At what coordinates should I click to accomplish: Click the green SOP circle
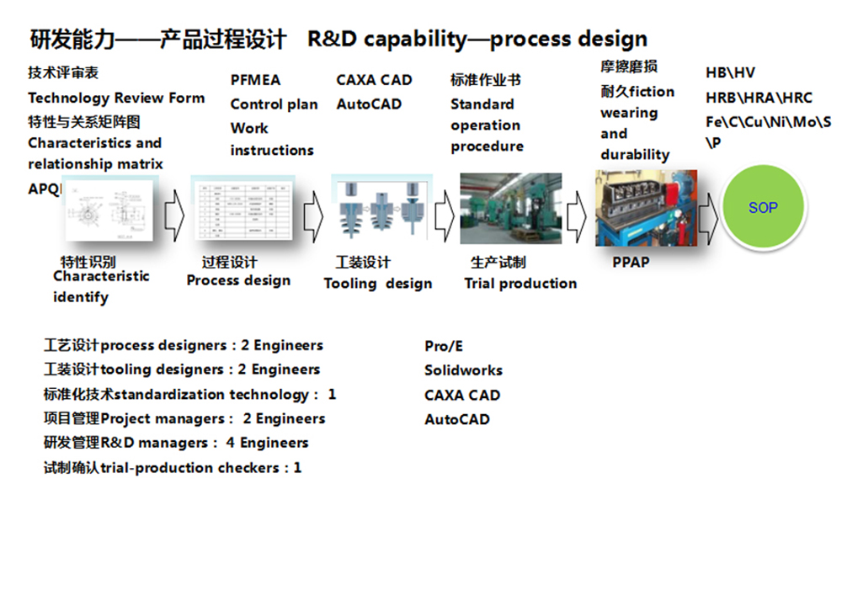(x=763, y=207)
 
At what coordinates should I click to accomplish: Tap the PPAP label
(x=631, y=263)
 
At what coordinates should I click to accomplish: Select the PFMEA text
(x=255, y=80)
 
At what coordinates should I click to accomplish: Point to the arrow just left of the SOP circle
(x=709, y=215)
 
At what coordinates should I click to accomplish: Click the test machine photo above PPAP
(x=646, y=207)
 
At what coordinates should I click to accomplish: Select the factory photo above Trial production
(x=510, y=208)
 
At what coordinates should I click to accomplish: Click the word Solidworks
(x=463, y=370)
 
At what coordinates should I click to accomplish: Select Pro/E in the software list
(x=444, y=347)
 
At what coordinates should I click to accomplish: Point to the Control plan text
(x=274, y=104)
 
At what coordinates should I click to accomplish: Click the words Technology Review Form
(x=116, y=98)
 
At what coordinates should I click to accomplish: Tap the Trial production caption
(x=520, y=284)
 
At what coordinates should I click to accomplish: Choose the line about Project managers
(x=184, y=418)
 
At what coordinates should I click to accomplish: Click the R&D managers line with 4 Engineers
(x=176, y=443)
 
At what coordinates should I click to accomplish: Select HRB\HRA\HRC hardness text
(x=759, y=98)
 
